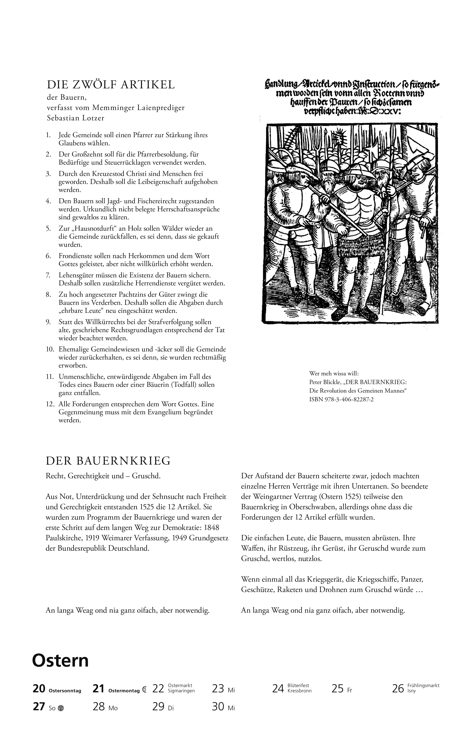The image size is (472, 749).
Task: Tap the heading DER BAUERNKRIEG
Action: coord(108,461)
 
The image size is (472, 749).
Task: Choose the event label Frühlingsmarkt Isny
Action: coord(423,688)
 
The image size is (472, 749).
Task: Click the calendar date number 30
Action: coord(218,707)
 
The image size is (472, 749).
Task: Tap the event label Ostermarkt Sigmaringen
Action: coord(181,688)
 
